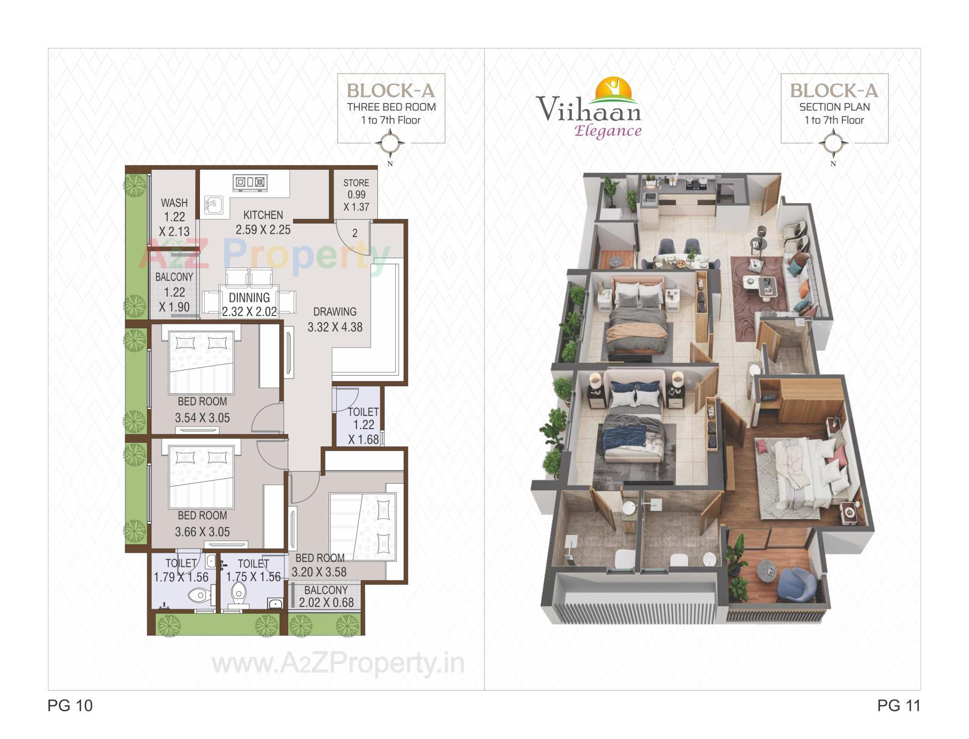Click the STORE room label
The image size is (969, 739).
click(356, 183)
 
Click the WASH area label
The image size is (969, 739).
click(174, 203)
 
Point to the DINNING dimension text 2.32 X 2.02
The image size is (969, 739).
click(249, 312)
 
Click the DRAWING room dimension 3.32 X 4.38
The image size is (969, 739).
click(335, 327)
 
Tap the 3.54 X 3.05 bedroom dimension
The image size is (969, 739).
click(202, 418)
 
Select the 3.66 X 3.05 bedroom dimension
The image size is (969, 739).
click(202, 532)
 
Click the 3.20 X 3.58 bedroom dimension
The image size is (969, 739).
click(319, 572)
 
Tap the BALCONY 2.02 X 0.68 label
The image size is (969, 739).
click(326, 597)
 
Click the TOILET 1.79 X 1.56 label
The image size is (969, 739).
click(181, 570)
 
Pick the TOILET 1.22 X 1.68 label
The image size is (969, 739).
click(363, 426)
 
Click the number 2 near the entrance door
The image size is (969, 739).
click(355, 233)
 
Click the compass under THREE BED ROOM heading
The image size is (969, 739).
click(390, 144)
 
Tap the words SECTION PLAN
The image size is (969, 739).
click(834, 107)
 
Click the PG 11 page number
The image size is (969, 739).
click(898, 705)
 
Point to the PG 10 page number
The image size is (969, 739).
click(70, 705)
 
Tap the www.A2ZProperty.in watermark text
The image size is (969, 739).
click(338, 663)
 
